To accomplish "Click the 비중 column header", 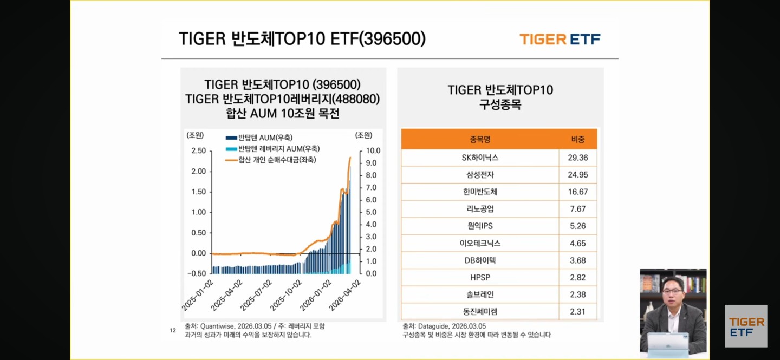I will pyautogui.click(x=578, y=139).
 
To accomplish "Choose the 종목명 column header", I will pyautogui.click(x=480, y=139).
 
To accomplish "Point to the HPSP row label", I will pyautogui.click(x=480, y=277).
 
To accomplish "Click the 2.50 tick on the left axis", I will pyautogui.click(x=198, y=150).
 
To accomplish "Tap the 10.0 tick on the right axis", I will pyautogui.click(x=374, y=150).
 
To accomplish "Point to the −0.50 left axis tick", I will pyautogui.click(x=197, y=273).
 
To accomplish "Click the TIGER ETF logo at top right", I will pyautogui.click(x=560, y=39).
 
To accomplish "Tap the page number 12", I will pyautogui.click(x=173, y=330).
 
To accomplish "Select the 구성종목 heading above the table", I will pyautogui.click(x=500, y=104).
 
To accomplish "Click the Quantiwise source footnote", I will pyautogui.click(x=255, y=326).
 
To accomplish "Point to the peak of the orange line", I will pyautogui.click(x=350, y=158).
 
